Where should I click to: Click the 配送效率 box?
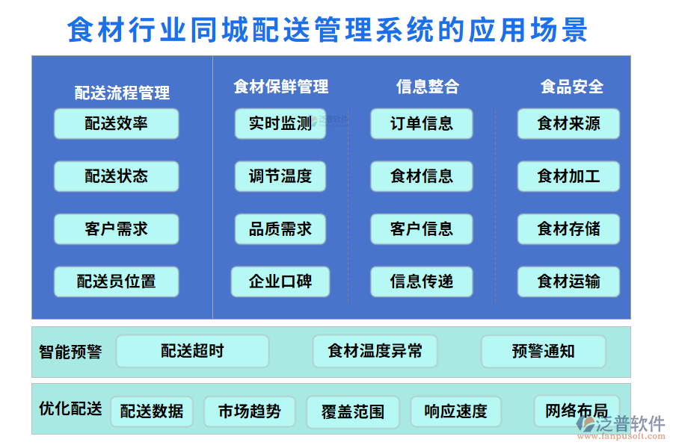point(116,124)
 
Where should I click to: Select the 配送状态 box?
point(116,177)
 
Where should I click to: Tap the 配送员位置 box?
point(116,281)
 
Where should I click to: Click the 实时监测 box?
point(280,124)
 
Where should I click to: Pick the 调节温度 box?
point(280,177)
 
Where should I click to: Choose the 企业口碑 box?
point(280,281)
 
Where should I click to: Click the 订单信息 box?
point(421,124)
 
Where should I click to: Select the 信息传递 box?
point(421,281)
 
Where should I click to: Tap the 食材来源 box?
point(568,124)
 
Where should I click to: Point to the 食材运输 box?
point(568,281)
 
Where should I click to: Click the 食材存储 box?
point(568,229)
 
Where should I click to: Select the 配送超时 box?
point(192,351)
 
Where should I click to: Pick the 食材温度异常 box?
point(375,351)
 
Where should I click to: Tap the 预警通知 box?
point(543,351)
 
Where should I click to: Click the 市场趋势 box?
point(249,411)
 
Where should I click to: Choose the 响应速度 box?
point(455,411)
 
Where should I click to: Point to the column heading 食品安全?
point(571,87)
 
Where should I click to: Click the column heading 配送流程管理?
point(122,93)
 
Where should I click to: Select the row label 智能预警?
point(70,351)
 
